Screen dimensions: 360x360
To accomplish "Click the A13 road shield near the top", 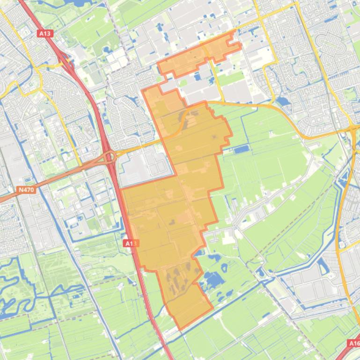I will (x=44, y=34).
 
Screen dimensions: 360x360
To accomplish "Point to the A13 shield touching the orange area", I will (x=132, y=243).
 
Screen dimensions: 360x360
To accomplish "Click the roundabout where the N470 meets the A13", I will (x=110, y=156).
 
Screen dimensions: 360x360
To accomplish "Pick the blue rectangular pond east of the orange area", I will (x=242, y=150).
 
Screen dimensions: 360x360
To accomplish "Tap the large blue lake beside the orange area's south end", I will (x=213, y=280).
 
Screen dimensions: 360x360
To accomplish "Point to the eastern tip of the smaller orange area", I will (x=240, y=46).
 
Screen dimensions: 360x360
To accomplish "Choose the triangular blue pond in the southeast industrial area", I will (x=323, y=266).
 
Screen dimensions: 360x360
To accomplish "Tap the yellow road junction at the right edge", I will (x=353, y=127).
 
